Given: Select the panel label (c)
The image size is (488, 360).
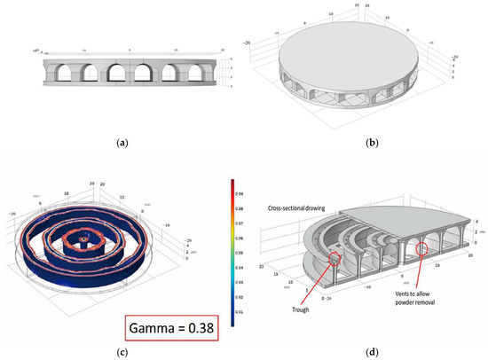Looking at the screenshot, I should tap(122, 352).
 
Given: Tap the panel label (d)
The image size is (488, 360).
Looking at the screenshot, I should tap(365, 352).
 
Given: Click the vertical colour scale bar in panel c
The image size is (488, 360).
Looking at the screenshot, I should tap(233, 252).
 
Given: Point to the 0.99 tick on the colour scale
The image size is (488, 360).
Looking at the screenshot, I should tap(247, 190).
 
